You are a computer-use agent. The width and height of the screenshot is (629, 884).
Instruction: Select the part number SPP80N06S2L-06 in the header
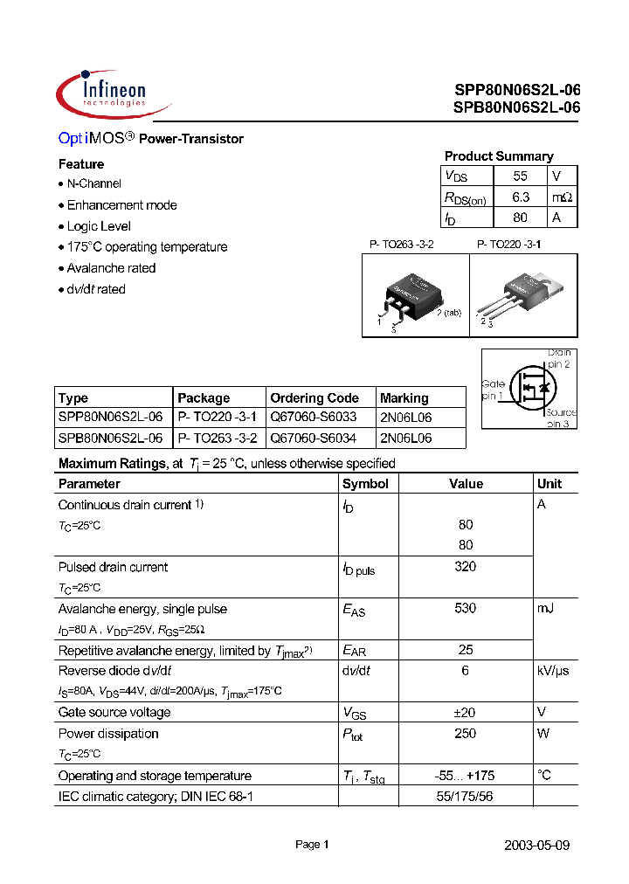tap(516, 91)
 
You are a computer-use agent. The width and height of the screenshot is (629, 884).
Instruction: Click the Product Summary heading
tap(498, 156)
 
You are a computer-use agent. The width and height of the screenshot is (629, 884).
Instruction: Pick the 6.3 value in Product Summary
tap(521, 197)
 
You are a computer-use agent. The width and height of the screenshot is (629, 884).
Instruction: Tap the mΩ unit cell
tap(563, 197)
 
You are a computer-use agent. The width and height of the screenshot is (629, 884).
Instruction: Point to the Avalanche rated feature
tap(111, 268)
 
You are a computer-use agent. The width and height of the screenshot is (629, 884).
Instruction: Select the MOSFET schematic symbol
tap(529, 388)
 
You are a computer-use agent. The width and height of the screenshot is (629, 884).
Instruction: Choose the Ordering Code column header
tap(314, 397)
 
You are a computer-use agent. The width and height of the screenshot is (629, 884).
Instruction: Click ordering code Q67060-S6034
tap(314, 438)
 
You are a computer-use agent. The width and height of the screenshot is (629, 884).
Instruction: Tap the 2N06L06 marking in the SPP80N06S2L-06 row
tap(406, 418)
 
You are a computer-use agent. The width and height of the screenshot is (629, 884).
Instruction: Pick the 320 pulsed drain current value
tap(466, 567)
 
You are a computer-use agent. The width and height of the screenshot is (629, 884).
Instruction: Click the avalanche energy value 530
tap(466, 609)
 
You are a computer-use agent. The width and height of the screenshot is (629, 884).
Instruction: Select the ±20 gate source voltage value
tap(466, 713)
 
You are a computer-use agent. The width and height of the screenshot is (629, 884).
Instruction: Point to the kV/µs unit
tap(553, 671)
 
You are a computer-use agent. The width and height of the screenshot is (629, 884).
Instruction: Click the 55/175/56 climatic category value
tap(466, 797)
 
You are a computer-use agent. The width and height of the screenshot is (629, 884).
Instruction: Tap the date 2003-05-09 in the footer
tap(537, 846)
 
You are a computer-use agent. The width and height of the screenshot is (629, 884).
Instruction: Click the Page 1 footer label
tap(312, 845)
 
